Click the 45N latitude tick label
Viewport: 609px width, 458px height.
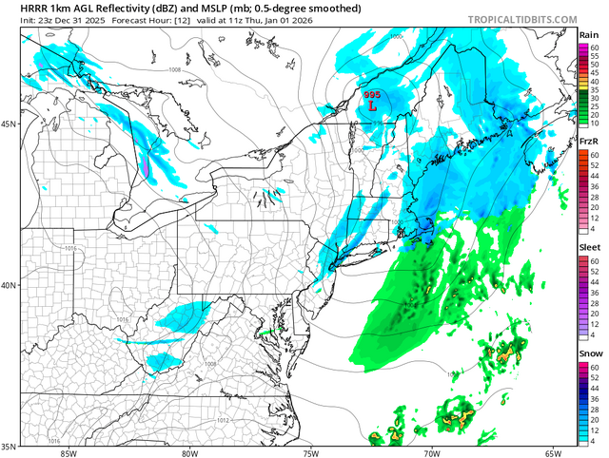tap(10, 124)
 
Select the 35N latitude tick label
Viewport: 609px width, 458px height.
tap(10, 445)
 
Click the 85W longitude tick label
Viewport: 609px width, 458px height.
tap(67, 452)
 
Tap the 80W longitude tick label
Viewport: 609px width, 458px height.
tap(188, 452)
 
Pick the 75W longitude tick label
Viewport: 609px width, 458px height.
tap(310, 452)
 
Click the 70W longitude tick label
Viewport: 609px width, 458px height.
tap(431, 452)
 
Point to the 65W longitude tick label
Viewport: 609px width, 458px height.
tap(553, 452)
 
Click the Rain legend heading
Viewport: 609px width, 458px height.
tap(589, 35)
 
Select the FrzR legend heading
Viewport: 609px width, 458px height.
tap(589, 141)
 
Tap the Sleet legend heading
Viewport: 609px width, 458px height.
tap(589, 246)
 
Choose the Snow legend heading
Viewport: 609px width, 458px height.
tap(589, 353)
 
